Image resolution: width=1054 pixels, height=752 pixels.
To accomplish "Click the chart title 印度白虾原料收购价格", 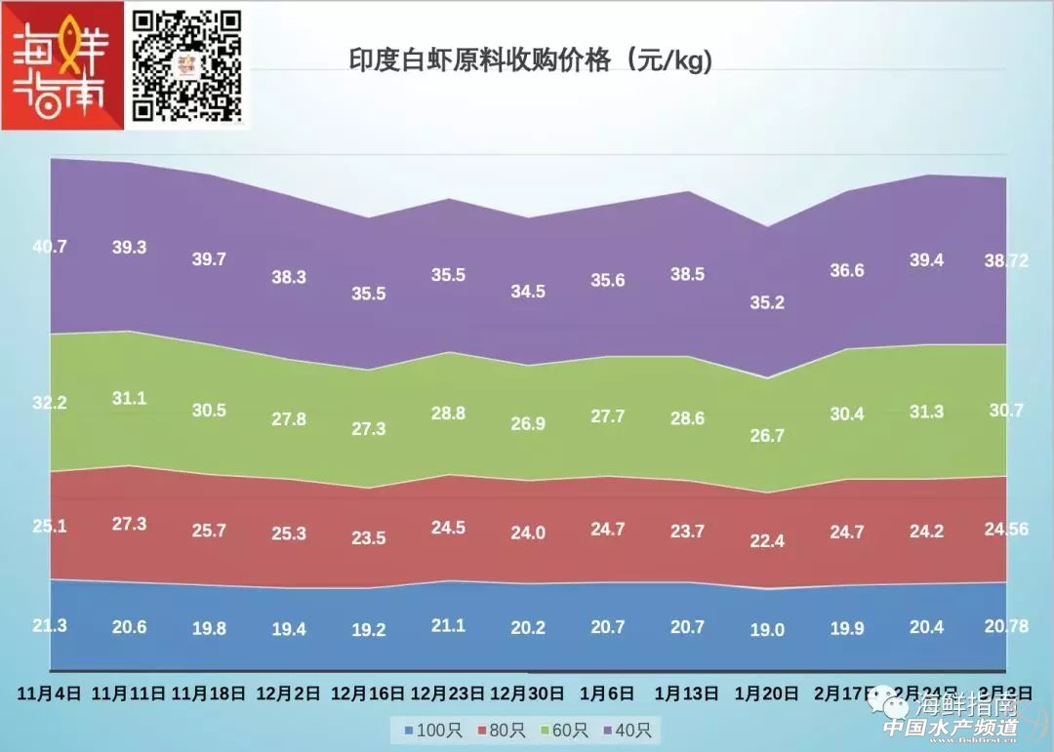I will (x=531, y=60).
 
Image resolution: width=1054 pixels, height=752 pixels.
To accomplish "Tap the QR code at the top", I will (x=186, y=64).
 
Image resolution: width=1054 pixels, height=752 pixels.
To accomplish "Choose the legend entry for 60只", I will (x=566, y=730).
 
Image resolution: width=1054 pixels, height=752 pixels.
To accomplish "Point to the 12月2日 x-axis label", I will (x=288, y=694).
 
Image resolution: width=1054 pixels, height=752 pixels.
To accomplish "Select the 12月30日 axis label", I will (x=528, y=694).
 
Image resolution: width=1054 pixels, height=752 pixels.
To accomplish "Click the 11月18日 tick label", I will (x=208, y=694).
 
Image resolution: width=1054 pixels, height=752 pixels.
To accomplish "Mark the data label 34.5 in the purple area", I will (x=528, y=292).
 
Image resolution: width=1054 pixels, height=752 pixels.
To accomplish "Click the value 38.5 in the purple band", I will (x=687, y=275).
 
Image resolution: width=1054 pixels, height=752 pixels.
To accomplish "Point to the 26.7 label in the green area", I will (x=767, y=435).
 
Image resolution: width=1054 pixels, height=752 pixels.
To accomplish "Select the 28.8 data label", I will (x=448, y=414).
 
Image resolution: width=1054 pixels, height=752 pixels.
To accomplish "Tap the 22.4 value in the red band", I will (x=767, y=541).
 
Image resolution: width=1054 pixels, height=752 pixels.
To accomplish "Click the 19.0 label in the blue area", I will (x=767, y=630).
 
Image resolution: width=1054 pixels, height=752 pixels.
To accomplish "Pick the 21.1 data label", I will (x=448, y=625).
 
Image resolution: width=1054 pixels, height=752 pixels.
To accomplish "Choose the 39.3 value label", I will (x=129, y=248).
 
